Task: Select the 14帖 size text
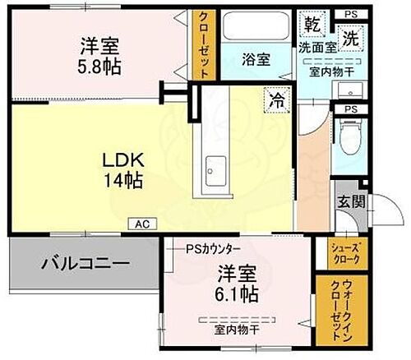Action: click(x=117, y=180)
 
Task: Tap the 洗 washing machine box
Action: click(x=350, y=36)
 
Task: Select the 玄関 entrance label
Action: click(x=344, y=202)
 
